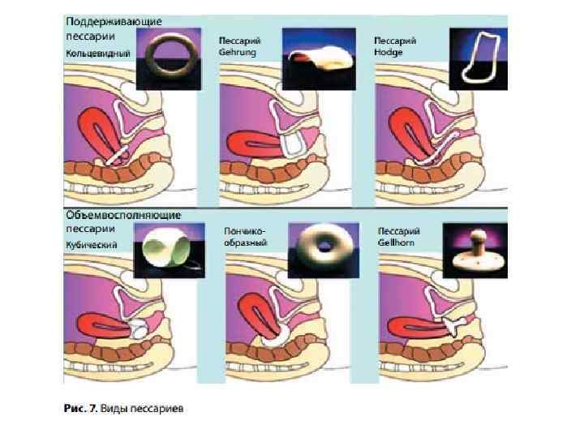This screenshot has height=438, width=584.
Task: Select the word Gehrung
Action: tap(235, 50)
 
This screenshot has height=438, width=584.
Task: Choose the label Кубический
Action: tap(92, 244)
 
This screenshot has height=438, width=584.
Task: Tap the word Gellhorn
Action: tap(393, 243)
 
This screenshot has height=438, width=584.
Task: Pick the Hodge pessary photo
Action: tap(479, 57)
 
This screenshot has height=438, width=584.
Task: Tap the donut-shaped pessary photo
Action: tap(322, 247)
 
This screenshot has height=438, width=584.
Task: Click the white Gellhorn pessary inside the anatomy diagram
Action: tap(452, 326)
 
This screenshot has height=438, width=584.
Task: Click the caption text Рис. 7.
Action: tap(81, 408)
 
